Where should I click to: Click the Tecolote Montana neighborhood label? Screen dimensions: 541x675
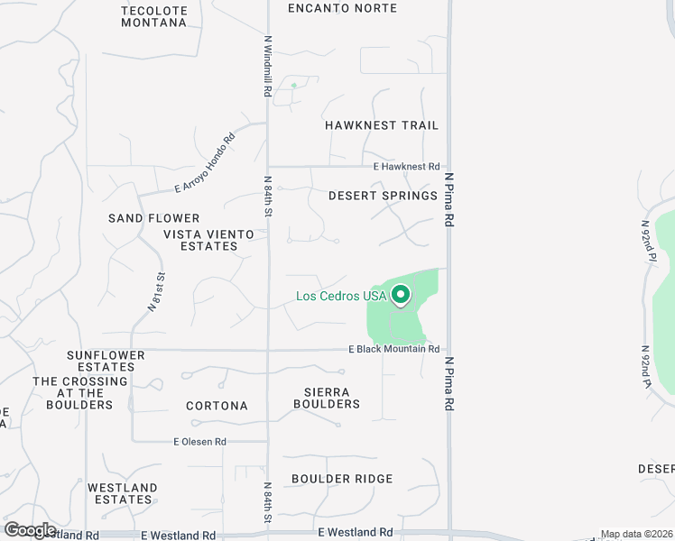coord(154,16)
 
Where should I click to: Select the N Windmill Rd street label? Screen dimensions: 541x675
coord(268,63)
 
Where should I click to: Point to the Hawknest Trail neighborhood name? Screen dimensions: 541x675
coord(382,125)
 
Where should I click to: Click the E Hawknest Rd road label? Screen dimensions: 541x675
coord(406,167)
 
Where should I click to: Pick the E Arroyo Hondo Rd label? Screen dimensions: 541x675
coord(204,162)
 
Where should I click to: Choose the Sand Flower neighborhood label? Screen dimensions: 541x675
coord(154,218)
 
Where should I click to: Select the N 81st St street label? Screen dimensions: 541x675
coord(156,292)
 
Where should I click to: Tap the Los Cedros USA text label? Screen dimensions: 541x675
coord(341,296)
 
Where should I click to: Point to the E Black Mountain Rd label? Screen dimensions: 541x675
coord(394,349)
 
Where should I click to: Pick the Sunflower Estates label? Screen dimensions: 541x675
coord(106,361)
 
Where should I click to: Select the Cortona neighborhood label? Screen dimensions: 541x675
coord(217,406)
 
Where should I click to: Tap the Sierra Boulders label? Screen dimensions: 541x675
coord(327,398)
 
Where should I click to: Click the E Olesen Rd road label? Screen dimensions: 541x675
coord(199,442)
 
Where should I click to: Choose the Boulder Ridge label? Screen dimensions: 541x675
coord(342,479)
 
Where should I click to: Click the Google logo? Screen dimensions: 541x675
coord(30,530)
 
